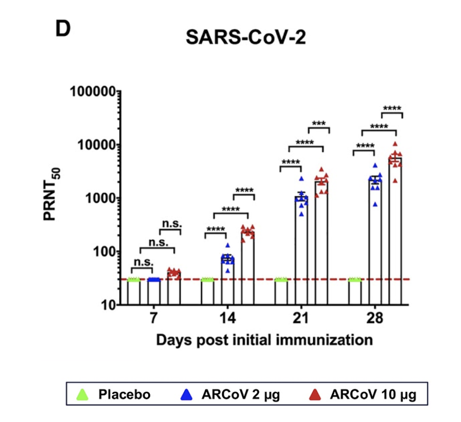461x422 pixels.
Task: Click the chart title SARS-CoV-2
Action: (x=246, y=37)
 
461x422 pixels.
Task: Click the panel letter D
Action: (x=62, y=29)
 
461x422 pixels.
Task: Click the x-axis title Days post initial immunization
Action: (x=264, y=340)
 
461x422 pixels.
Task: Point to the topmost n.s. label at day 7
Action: (x=171, y=224)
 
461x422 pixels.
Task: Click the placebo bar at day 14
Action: (x=207, y=292)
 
